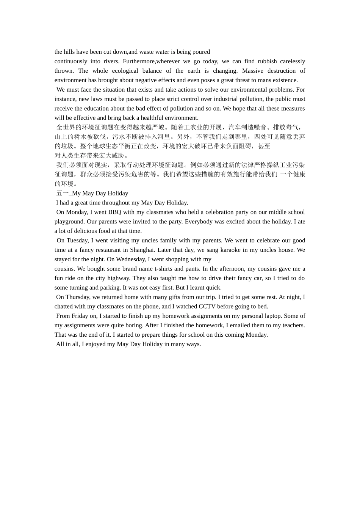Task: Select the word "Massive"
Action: [x=253, y=71]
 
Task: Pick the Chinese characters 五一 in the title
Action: [x=63, y=194]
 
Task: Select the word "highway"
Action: [x=119, y=278]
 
